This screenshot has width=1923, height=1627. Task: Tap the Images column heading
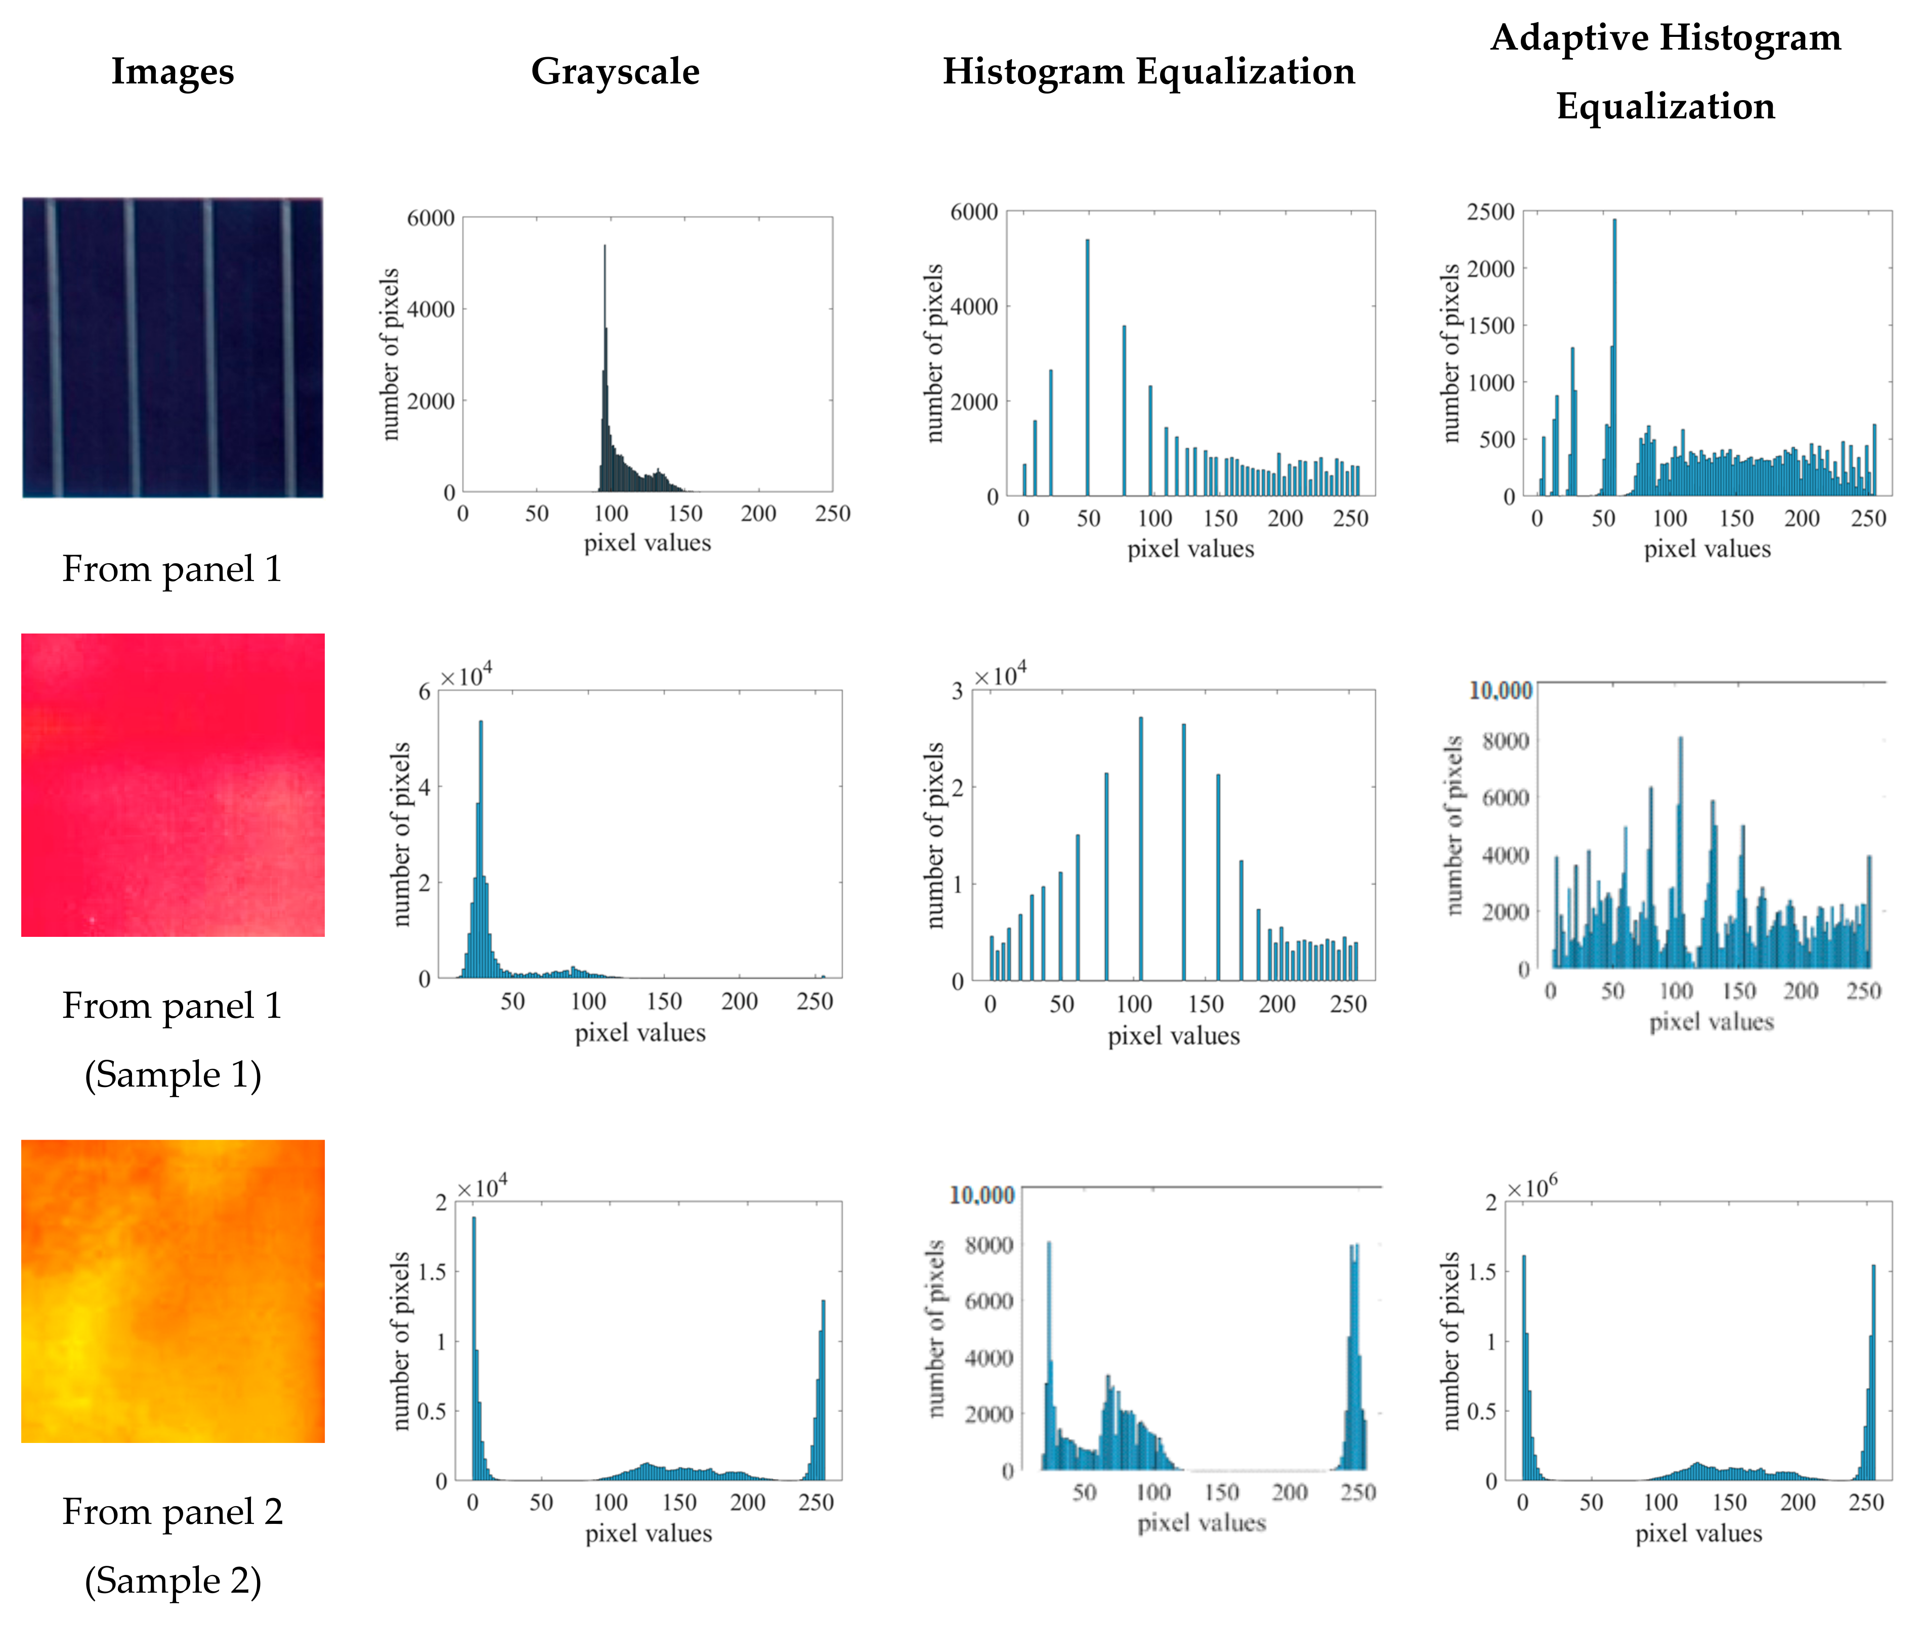point(173,71)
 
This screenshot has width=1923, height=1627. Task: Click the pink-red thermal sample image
point(173,785)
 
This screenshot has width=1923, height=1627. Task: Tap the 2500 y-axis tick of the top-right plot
point(1490,212)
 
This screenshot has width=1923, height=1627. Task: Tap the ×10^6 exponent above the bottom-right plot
point(1532,1187)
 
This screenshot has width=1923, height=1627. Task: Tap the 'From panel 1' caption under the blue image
point(172,569)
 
